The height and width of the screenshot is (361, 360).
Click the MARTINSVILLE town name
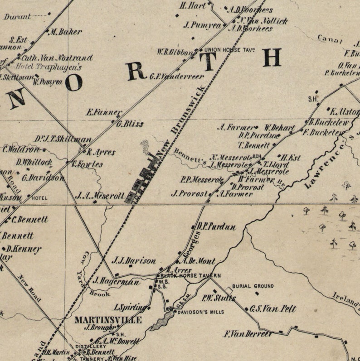pos(108,320)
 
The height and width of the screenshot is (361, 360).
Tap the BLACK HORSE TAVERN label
pos(190,276)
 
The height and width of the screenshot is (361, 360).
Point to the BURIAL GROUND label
pos(253,286)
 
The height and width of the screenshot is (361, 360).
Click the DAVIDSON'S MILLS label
pos(199,312)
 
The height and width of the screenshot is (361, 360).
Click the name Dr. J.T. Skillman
pos(63,140)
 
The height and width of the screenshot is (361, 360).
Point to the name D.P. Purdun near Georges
pos(216,227)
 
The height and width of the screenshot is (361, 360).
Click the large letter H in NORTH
pos(272,58)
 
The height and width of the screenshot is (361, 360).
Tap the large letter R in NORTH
pos(136,71)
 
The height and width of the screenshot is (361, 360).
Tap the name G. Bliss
pos(130,124)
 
